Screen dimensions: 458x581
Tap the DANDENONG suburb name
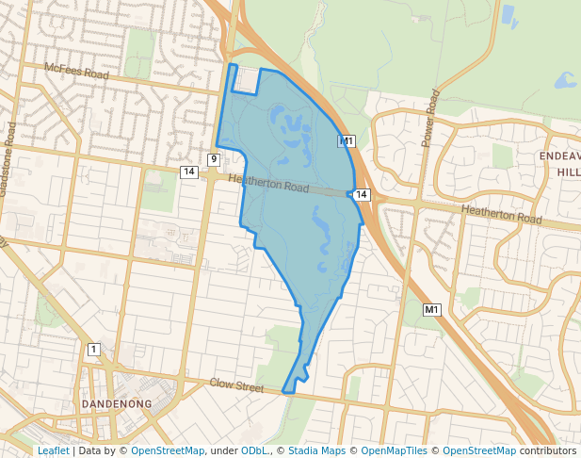pyautogui.click(x=117, y=403)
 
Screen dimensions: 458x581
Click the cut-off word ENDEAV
pyautogui.click(x=559, y=156)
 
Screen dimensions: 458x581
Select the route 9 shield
pyautogui.click(x=214, y=159)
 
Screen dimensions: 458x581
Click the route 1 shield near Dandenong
pyautogui.click(x=93, y=350)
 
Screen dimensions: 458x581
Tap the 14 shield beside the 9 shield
pyautogui.click(x=189, y=172)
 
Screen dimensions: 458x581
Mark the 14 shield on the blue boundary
pyautogui.click(x=363, y=194)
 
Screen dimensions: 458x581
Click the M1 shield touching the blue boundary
pyautogui.click(x=347, y=141)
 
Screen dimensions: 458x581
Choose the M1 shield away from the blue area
pyautogui.click(x=431, y=310)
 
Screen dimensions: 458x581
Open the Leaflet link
pyautogui.click(x=53, y=450)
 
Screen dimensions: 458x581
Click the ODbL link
pyautogui.click(x=254, y=450)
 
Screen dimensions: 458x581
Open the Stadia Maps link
pyautogui.click(x=316, y=450)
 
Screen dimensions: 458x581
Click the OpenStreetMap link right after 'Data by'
pyautogui.click(x=167, y=450)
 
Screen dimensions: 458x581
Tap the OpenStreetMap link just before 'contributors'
pyautogui.click(x=479, y=450)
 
